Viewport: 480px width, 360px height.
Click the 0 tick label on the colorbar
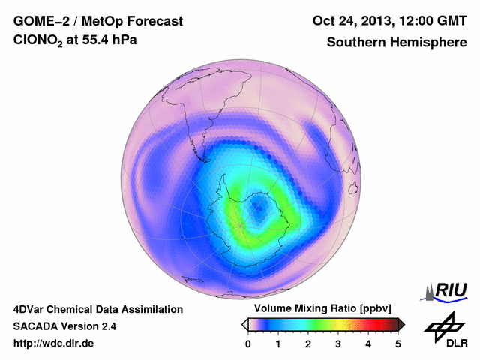click(x=248, y=343)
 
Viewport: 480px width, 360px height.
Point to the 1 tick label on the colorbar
click(x=278, y=343)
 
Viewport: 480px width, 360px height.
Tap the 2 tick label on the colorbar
click(x=308, y=343)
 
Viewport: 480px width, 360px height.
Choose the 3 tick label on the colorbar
click(x=338, y=343)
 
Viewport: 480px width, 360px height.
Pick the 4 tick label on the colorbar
click(x=368, y=343)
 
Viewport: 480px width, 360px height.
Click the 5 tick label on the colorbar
click(x=398, y=343)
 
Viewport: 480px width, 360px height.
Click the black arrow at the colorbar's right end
click(x=401, y=324)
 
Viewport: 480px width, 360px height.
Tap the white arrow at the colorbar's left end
click(x=244, y=324)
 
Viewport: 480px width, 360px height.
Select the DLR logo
click(x=442, y=330)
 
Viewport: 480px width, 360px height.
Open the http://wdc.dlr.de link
click(x=54, y=343)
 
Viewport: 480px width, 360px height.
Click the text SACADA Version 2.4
click(x=64, y=326)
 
